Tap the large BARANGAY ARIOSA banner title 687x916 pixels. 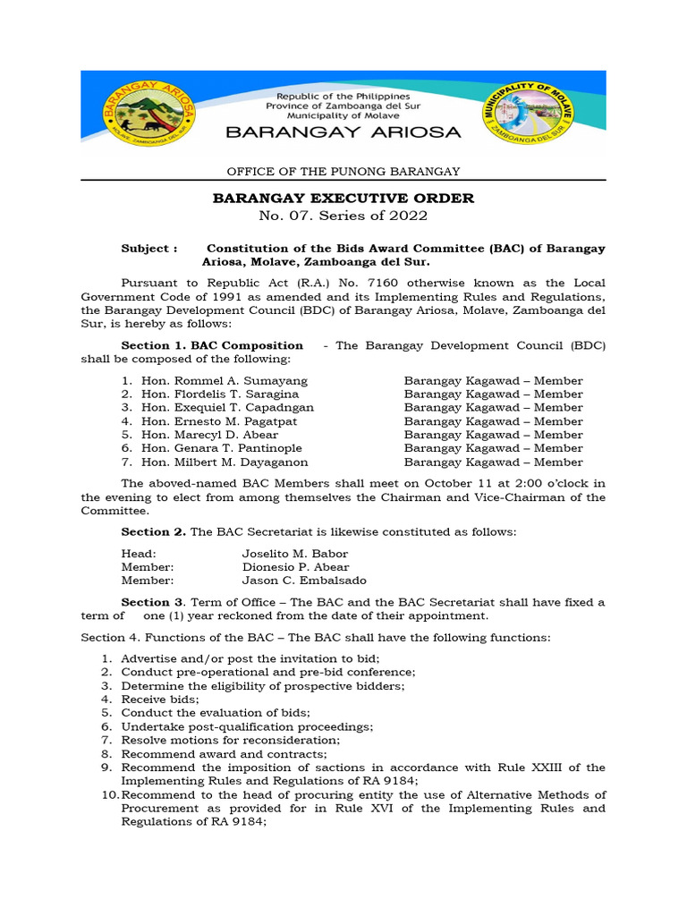pos(343,132)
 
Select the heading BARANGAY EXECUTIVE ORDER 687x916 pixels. pos(343,198)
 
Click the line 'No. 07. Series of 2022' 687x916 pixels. pos(343,216)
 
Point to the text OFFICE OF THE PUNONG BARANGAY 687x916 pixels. pos(343,171)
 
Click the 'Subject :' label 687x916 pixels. pos(148,249)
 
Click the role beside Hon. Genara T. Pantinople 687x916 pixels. pos(493,448)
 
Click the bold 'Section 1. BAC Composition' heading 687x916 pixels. pos(212,345)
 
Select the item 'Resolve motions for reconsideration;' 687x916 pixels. pos(231,740)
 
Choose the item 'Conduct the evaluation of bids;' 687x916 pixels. pos(216,713)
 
